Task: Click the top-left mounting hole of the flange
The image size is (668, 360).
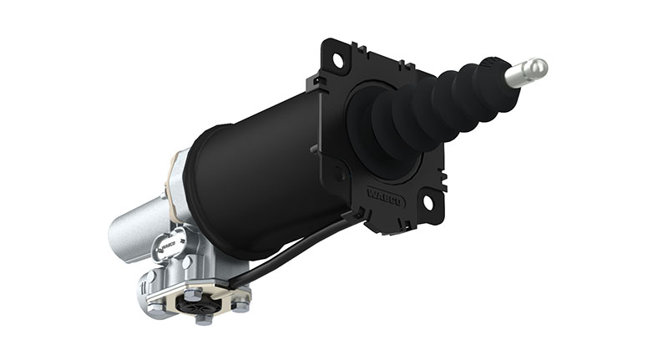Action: pos(338,60)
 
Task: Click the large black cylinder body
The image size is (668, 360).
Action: pos(267,175)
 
